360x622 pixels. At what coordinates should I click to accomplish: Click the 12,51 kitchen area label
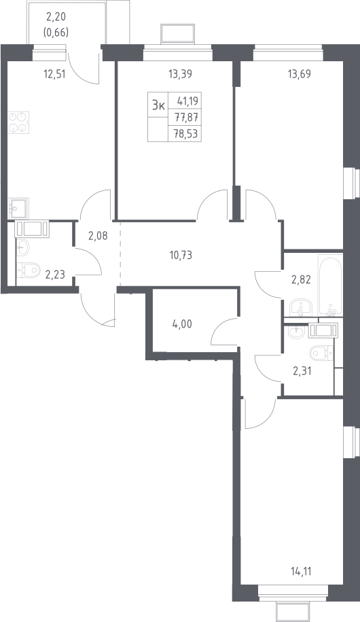pos(54,73)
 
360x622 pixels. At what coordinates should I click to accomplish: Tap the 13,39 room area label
pos(181,73)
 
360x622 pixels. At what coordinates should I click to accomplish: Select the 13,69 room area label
pos(299,73)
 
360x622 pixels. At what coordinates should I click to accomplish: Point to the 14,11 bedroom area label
pos(301,572)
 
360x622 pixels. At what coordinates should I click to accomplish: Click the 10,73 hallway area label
pos(181,255)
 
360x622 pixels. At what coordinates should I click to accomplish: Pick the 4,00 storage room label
pos(182,324)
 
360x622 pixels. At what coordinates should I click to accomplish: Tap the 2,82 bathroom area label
pos(301,279)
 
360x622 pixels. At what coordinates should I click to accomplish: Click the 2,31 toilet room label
pos(301,371)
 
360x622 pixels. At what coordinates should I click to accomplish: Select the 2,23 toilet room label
pos(55,274)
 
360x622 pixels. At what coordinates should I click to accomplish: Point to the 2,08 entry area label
pos(98,236)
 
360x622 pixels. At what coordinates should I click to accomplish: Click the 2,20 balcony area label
pos(56,17)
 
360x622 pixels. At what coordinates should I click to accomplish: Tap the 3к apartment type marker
pos(158,105)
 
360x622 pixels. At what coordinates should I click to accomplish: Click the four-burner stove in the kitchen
pos(18,122)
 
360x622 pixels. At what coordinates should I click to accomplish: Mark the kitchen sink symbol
pos(18,209)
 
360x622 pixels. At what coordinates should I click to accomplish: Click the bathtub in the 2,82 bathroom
pos(330,286)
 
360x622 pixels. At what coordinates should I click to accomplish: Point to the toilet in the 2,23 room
pos(29,270)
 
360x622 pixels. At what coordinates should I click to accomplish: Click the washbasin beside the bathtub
pos(302,307)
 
